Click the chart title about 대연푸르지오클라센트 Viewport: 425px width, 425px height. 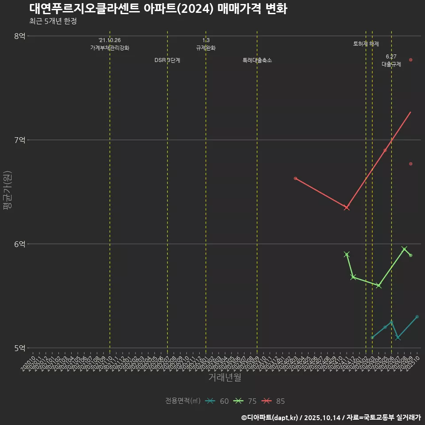click(x=158, y=9)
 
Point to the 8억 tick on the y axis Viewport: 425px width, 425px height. click(x=19, y=36)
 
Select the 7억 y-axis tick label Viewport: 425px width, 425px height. click(x=19, y=140)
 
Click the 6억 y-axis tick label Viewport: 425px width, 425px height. click(x=19, y=244)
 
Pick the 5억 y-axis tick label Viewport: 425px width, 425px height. click(x=19, y=348)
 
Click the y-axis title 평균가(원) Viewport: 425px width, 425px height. click(x=8, y=192)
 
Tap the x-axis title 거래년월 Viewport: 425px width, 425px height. click(x=224, y=378)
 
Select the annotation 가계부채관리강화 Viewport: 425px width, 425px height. click(x=110, y=48)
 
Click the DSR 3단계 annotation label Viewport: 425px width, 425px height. click(x=167, y=60)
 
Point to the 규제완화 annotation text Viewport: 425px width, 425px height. click(x=206, y=48)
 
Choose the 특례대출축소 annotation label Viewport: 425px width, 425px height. click(x=257, y=60)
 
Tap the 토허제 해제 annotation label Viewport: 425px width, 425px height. click(x=366, y=44)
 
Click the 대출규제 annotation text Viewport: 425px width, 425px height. click(x=391, y=64)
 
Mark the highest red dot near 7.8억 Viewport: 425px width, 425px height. click(x=411, y=60)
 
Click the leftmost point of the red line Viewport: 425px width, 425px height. click(x=295, y=178)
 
